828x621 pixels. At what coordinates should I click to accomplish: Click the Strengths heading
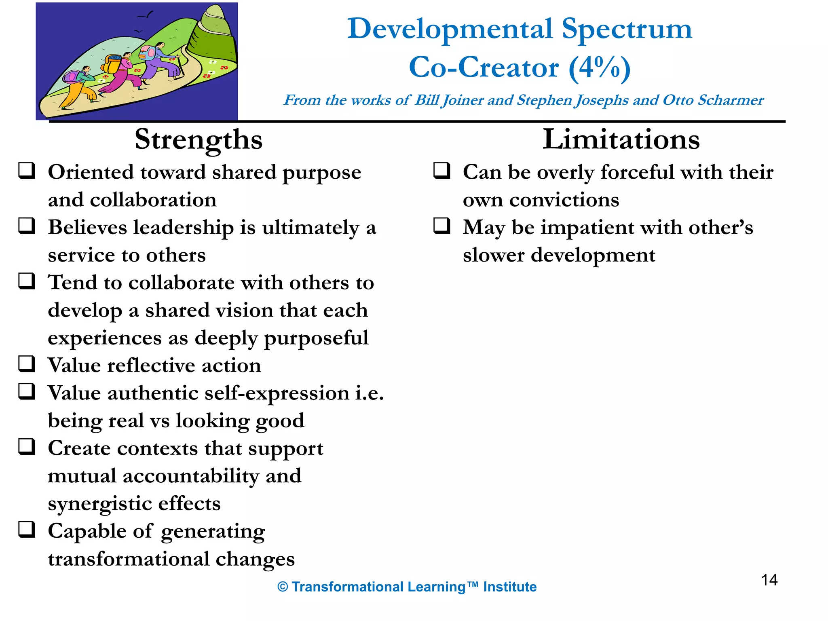[199, 139]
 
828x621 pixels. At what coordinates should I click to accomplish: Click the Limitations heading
[621, 139]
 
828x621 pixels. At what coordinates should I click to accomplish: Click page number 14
[769, 580]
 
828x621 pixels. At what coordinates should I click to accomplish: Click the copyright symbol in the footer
[283, 587]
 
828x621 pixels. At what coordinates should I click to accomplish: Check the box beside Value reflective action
[27, 363]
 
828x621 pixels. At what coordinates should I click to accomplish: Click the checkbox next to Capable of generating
[27, 529]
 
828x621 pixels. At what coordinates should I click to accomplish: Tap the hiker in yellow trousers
[79, 87]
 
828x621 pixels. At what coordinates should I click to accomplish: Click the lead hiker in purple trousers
[160, 61]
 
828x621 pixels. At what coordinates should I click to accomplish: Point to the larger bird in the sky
[146, 16]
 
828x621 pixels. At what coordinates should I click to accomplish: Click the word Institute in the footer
[510, 587]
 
